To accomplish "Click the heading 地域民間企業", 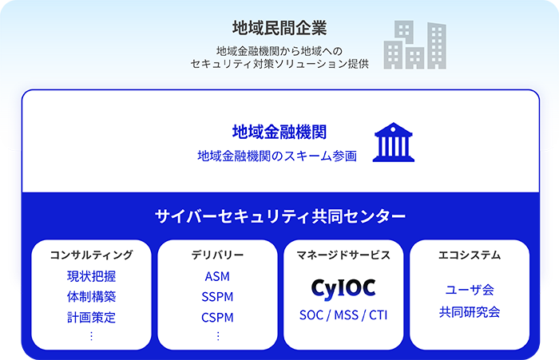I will tap(279, 29).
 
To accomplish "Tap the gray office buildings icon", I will tap(414, 45).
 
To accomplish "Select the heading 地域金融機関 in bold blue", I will tap(279, 132).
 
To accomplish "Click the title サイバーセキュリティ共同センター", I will tap(279, 216).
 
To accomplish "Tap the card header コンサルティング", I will tap(91, 255).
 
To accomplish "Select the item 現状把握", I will tap(91, 277).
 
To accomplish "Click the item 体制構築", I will tap(91, 297).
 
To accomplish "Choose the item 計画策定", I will tap(91, 317).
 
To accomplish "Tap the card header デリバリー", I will tap(217, 255).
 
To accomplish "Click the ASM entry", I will tap(217, 277).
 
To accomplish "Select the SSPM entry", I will tap(217, 297).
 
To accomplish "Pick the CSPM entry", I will tap(217, 317).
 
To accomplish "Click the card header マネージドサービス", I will tap(343, 255).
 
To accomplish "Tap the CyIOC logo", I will tap(343, 287).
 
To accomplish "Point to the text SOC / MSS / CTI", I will tap(343, 314).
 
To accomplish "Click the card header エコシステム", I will tap(470, 255).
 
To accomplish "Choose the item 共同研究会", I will tap(470, 312).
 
